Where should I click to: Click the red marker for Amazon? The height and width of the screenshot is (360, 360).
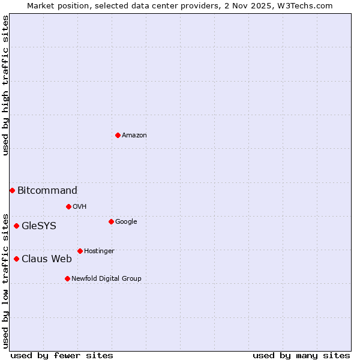coord(118,135)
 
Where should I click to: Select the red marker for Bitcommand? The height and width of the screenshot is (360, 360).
coord(12,190)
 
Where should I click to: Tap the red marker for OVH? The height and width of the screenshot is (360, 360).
coord(68,206)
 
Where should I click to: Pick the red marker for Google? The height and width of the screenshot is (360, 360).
coord(111,221)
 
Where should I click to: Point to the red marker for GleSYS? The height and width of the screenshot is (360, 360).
coord(16,226)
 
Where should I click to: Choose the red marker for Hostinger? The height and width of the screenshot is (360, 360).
coord(80,251)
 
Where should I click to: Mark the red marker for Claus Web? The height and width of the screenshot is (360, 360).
coord(16,259)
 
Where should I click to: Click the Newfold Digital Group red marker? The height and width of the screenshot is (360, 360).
coord(67,278)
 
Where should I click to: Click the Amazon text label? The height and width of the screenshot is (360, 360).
coord(134,136)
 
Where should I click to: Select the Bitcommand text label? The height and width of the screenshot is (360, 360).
coord(47,191)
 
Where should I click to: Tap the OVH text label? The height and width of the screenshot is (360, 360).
coord(80,207)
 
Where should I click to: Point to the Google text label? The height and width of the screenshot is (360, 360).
coord(126,222)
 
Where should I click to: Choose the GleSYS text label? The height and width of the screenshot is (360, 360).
coord(39,226)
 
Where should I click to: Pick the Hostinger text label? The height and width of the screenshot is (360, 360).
coord(99,251)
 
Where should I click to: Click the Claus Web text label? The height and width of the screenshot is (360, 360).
coord(47,259)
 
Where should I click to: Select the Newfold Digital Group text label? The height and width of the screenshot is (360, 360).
coord(106,279)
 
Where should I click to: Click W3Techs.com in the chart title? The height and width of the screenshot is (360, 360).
coord(305,5)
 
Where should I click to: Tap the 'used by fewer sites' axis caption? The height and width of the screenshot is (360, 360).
coord(62,355)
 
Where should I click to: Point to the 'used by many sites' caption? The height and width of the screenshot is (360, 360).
coord(301,355)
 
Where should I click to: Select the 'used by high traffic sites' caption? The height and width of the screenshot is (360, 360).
coord(5,86)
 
